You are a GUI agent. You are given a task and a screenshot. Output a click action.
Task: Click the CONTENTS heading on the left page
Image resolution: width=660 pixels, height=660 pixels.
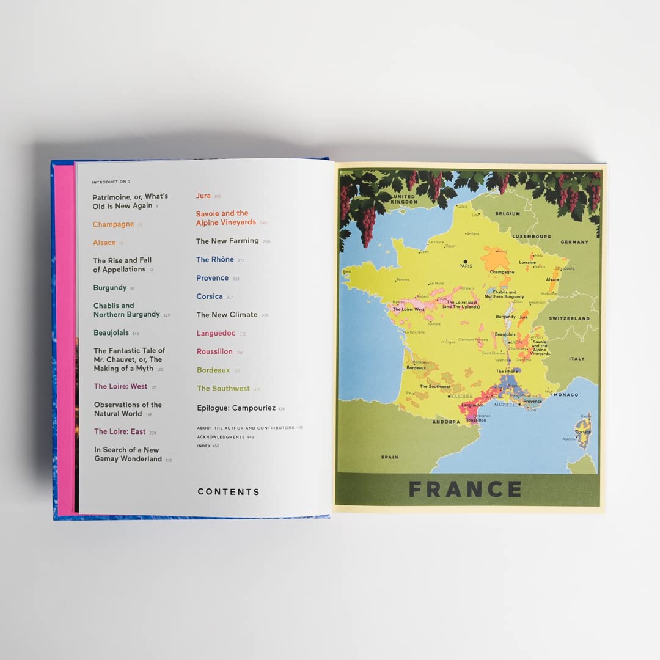point(229,491)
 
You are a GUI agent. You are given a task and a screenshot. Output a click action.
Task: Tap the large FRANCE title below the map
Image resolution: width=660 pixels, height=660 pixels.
point(465,490)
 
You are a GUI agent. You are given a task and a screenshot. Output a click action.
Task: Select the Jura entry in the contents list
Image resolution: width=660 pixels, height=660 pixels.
point(204,196)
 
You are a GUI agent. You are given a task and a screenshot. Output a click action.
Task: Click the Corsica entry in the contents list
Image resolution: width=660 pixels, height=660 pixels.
point(210,296)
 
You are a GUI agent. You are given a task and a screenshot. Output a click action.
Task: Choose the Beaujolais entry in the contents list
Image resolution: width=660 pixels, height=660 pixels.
point(111,332)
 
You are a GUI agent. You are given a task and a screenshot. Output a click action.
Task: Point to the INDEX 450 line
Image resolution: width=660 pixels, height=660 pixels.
point(208,446)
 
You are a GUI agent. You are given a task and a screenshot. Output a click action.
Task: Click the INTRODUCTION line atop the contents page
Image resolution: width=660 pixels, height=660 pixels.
point(111,182)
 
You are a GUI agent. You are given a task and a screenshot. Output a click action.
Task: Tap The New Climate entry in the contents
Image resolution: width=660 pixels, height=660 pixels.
point(227,315)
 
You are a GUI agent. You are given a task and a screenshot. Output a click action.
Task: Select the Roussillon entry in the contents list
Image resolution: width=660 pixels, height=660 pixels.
point(215,351)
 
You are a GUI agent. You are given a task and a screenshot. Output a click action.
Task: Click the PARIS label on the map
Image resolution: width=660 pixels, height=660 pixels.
point(466,266)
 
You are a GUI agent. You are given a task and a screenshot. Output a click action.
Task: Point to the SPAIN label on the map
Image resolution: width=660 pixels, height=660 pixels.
point(389,457)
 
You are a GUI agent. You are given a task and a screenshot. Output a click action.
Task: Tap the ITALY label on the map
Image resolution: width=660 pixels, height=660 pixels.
point(576,359)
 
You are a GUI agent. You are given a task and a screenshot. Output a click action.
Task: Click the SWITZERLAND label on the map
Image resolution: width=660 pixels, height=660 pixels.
point(569,318)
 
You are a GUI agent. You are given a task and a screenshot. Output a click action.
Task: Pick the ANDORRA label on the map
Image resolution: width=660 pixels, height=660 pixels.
point(445,422)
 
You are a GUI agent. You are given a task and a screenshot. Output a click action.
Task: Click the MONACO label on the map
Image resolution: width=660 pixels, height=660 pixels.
point(565,395)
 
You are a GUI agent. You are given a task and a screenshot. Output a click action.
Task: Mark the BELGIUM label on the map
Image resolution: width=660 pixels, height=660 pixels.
point(508,214)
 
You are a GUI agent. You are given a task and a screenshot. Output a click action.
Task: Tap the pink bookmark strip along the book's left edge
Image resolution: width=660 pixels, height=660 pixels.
point(65,336)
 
